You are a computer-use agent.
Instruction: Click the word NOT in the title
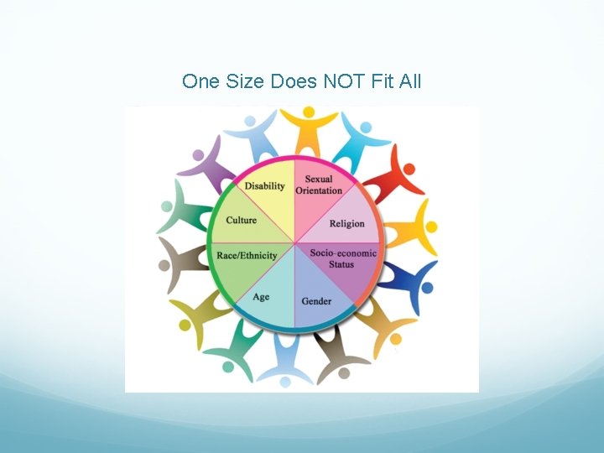click(350, 81)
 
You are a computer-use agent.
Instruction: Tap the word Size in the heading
click(245, 81)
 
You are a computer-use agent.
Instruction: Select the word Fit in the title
click(386, 81)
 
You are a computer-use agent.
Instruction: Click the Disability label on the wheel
click(264, 185)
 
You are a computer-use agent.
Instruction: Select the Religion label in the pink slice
click(346, 223)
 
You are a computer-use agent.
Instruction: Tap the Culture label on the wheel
click(242, 221)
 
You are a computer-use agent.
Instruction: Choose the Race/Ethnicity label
click(247, 255)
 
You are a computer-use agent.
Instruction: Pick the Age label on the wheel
click(261, 296)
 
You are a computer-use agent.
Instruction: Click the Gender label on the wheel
click(316, 300)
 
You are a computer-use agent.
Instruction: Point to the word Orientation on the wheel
click(319, 190)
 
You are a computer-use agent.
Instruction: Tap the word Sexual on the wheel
click(319, 179)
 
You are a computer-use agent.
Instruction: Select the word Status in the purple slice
click(341, 264)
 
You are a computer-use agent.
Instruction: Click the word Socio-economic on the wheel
click(343, 253)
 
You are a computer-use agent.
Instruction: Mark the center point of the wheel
click(295, 243)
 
